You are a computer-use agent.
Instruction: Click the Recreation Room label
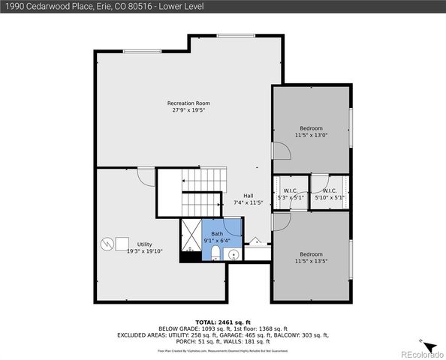click(188, 106)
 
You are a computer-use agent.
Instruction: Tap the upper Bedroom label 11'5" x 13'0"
click(311, 132)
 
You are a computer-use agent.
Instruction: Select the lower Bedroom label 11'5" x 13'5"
click(311, 257)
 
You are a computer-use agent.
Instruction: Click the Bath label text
click(217, 237)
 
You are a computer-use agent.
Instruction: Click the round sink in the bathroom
click(233, 255)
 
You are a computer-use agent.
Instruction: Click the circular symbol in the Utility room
click(105, 244)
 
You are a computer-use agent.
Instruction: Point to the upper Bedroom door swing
click(281, 152)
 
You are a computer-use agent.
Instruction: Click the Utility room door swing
click(146, 177)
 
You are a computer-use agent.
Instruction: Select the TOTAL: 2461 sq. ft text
click(223, 320)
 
